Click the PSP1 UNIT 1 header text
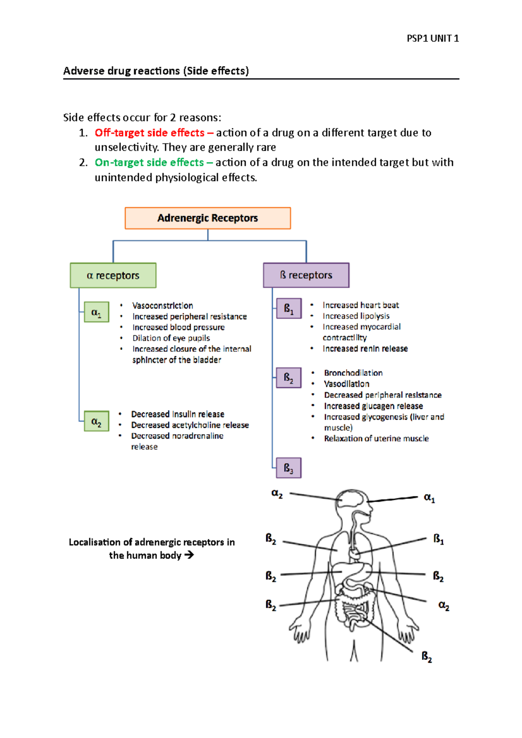tap(432, 38)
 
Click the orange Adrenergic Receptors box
tap(207, 218)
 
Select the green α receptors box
tap(113, 276)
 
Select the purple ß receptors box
tap(306, 275)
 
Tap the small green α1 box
tap(96, 312)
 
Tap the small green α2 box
tap(96, 421)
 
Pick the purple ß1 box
tap(289, 309)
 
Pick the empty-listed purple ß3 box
tap(288, 468)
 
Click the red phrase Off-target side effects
tap(150, 133)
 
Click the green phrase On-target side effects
tap(149, 163)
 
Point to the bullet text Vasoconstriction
tap(163, 306)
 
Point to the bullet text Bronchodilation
tap(353, 373)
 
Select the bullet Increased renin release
tap(365, 349)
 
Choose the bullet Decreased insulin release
tap(177, 414)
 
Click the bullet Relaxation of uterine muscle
tap(376, 439)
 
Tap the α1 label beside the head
tap(429, 498)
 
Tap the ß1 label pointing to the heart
tap(438, 539)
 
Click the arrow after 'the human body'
tap(189, 555)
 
